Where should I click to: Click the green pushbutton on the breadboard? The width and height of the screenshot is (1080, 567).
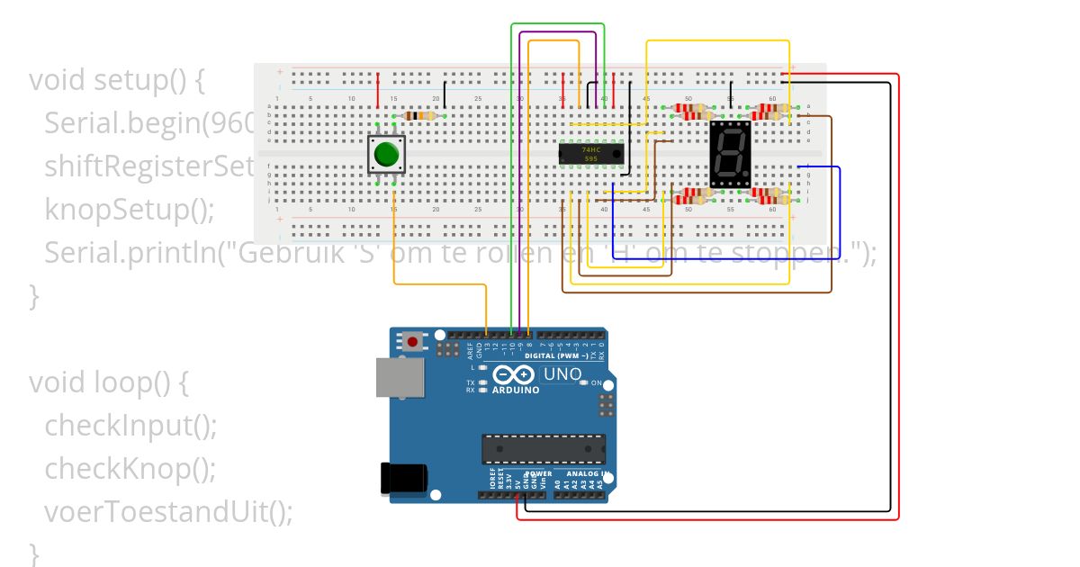click(x=387, y=155)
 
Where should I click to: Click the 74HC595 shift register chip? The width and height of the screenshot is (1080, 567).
click(x=590, y=154)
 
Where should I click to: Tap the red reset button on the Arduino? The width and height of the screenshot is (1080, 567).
click(x=413, y=341)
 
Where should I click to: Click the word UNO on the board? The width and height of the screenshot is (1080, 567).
click(x=562, y=373)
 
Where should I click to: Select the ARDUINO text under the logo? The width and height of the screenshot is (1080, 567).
click(x=516, y=391)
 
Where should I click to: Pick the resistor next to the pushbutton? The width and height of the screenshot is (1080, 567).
click(x=421, y=115)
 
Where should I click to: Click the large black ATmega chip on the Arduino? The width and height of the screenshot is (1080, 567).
click(x=543, y=447)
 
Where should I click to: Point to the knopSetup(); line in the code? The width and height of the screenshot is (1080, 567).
click(x=130, y=210)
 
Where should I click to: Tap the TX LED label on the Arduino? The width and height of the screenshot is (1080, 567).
click(x=470, y=382)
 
